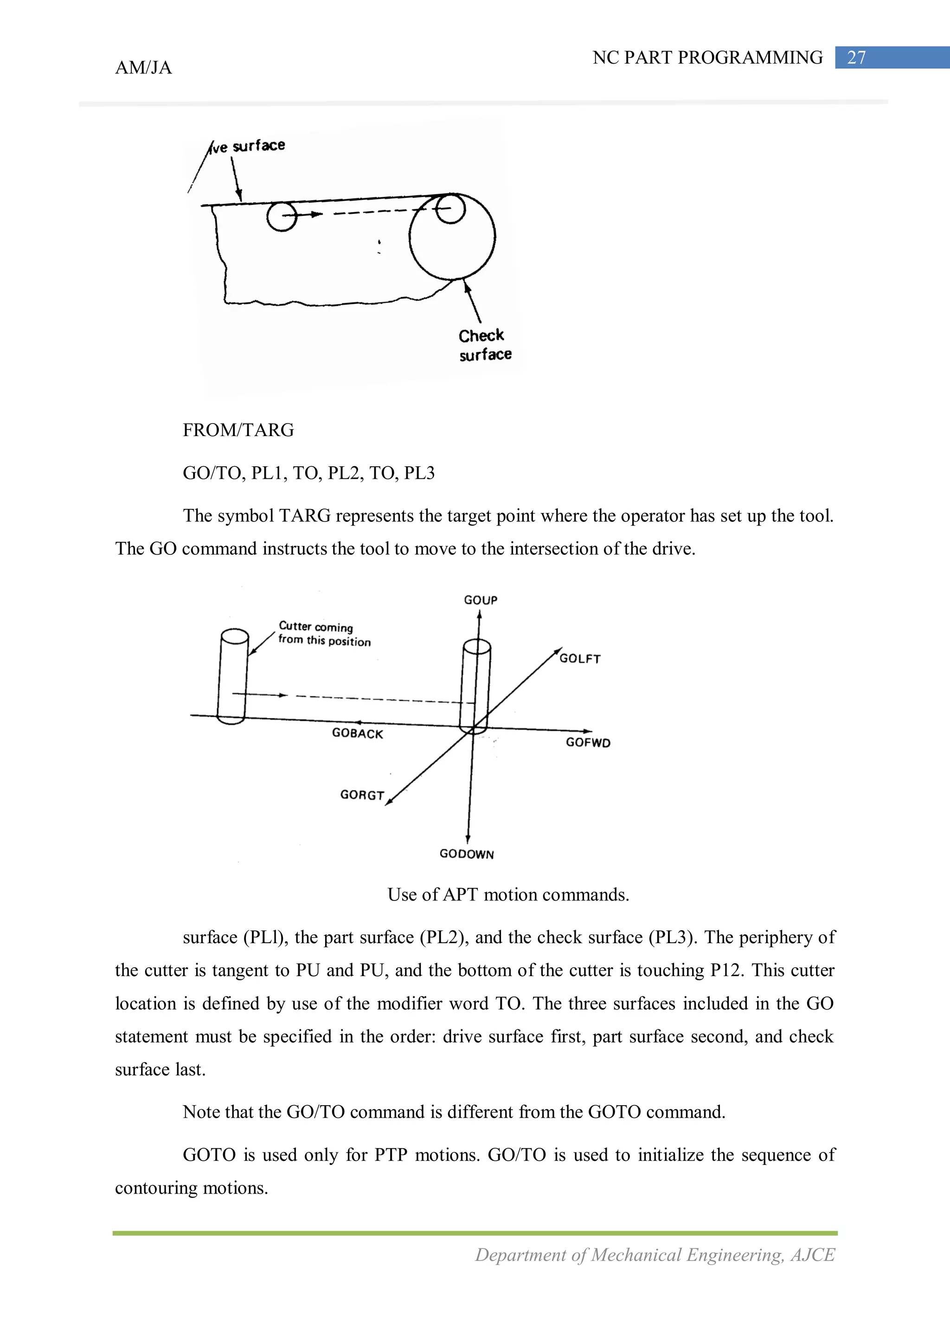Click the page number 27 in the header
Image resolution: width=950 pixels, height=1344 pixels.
point(856,58)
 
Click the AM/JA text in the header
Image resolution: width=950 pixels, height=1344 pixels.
point(143,68)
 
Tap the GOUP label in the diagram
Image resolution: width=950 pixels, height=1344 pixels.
point(481,600)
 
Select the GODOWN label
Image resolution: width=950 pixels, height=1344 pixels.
point(467,854)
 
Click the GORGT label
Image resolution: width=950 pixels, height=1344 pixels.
point(362,795)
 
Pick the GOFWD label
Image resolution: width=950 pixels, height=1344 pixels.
point(588,742)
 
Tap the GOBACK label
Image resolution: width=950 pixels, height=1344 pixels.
point(357,733)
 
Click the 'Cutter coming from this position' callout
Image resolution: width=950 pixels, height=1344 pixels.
point(324,634)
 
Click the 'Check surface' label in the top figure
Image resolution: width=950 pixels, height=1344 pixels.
point(484,345)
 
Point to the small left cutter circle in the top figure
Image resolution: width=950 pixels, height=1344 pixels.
point(282,216)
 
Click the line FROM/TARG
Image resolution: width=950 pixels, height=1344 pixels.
point(238,430)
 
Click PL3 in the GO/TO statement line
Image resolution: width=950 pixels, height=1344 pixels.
point(419,473)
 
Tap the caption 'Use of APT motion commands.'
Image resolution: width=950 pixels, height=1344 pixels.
point(508,894)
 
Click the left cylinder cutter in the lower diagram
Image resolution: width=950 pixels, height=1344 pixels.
point(232,677)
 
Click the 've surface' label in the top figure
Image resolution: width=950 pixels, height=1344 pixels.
point(249,146)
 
